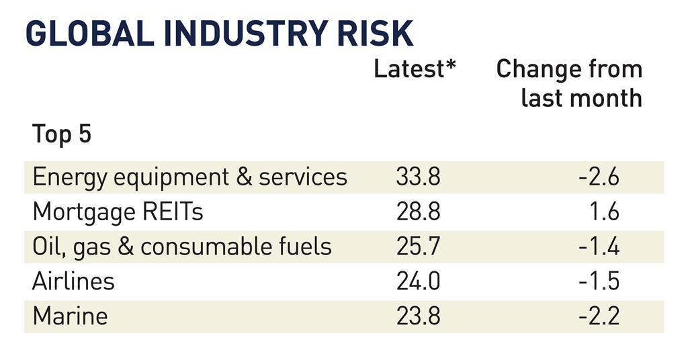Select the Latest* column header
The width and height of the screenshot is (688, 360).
(415, 69)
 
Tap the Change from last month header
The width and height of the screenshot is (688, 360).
(569, 83)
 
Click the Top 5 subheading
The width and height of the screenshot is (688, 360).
(61, 134)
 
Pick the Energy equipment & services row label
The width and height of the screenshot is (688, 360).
(189, 177)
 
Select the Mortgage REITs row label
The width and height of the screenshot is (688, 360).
(118, 212)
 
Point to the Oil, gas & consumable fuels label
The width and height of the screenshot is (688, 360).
(182, 246)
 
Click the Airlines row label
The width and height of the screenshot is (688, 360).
(73, 281)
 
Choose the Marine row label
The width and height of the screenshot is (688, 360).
(70, 316)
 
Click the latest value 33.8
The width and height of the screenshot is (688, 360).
(418, 177)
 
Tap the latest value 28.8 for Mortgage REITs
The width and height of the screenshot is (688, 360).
(418, 212)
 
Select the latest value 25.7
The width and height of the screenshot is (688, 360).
(418, 246)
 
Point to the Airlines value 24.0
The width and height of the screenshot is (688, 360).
(418, 281)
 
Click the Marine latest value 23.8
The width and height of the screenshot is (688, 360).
(418, 316)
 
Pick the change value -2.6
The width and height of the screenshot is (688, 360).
(598, 177)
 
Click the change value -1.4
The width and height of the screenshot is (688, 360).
(598, 246)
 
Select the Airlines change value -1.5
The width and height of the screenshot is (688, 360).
(598, 281)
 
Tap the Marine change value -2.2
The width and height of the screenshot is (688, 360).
(598, 316)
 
